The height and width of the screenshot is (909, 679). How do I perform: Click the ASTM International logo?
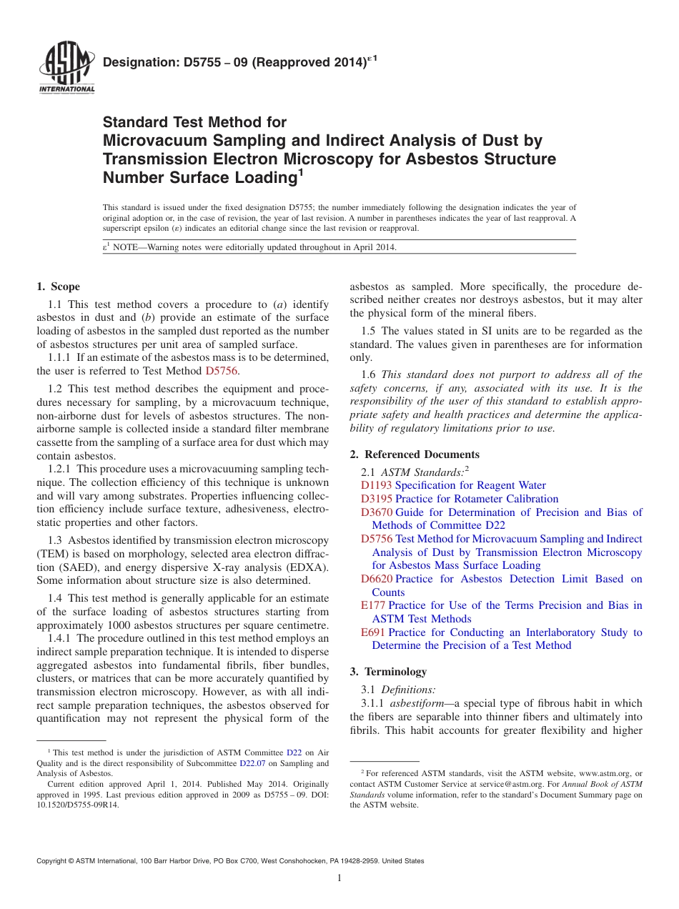pyautogui.click(x=66, y=69)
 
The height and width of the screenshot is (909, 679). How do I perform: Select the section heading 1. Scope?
pyautogui.click(x=58, y=287)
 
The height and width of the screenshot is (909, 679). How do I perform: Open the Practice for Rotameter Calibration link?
pyautogui.click(x=476, y=499)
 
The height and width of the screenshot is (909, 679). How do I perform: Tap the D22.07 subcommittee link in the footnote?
pyautogui.click(x=252, y=763)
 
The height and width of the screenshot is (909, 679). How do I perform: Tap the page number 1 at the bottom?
pyautogui.click(x=339, y=878)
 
